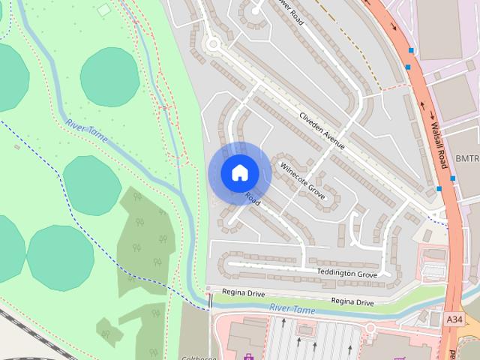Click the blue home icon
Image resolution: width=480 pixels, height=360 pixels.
point(239,172)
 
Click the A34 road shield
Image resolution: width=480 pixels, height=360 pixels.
point(453,319)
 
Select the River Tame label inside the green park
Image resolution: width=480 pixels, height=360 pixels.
point(87,131)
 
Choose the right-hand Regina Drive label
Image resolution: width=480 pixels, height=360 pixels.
point(352,301)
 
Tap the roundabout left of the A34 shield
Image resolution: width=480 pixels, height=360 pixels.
point(370,328)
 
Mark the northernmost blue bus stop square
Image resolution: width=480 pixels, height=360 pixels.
point(411,50)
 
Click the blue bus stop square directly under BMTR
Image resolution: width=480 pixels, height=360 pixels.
point(452,178)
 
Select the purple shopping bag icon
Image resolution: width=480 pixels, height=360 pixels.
point(250,355)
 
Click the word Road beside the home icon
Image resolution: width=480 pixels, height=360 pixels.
point(252,199)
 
